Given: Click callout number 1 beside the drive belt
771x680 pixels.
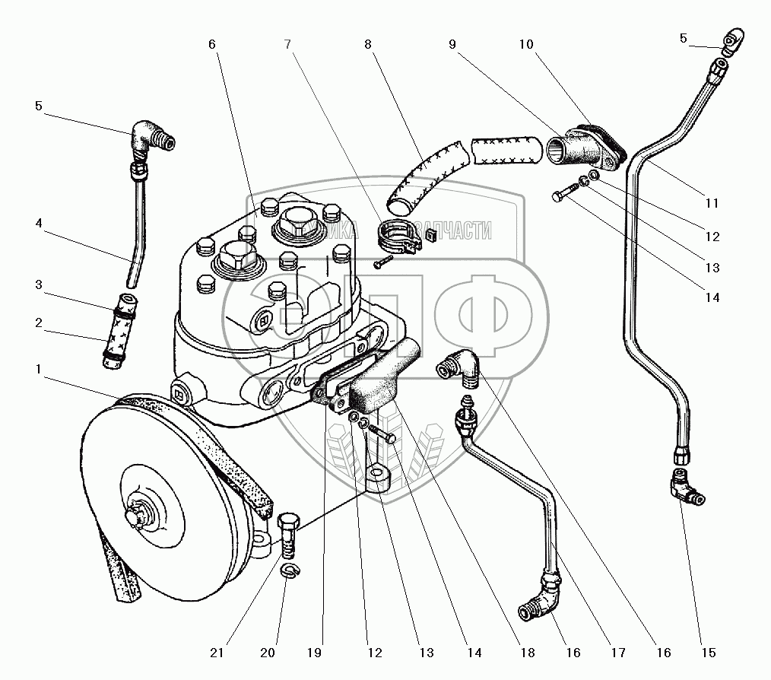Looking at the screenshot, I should (39, 369).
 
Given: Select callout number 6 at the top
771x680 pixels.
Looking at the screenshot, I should (212, 45).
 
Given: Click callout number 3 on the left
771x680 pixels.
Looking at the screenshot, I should (39, 284).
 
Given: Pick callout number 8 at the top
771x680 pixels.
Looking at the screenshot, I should (368, 45).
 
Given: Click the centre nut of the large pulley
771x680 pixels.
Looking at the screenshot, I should (138, 514).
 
